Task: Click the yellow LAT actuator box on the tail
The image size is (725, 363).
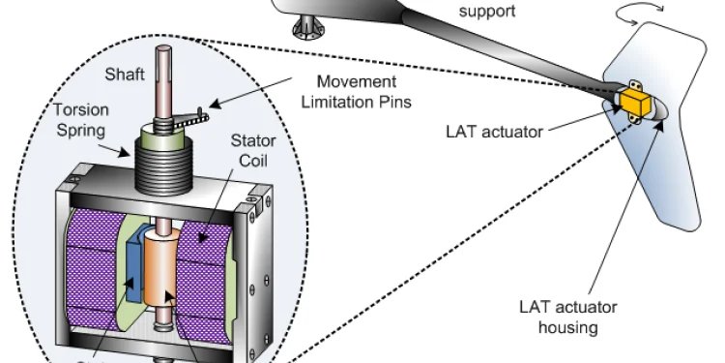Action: pyautogui.click(x=634, y=101)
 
